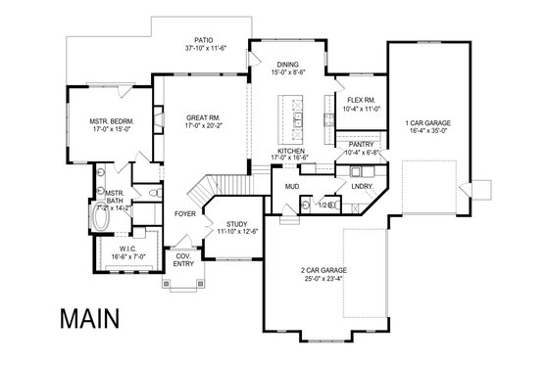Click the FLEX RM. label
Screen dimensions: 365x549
356,100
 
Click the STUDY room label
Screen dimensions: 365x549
236,224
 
